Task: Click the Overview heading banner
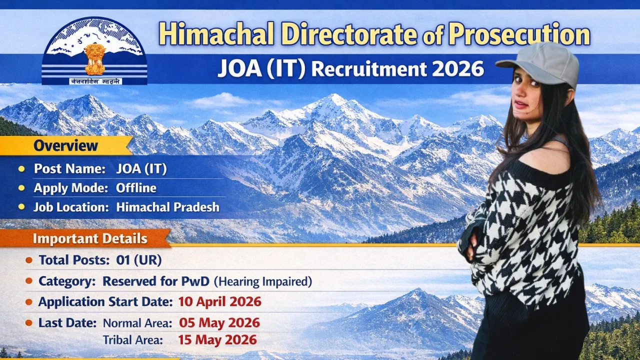tap(65, 146)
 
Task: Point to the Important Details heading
tap(90, 238)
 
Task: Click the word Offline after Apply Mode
tap(136, 188)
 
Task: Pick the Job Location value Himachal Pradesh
tap(167, 207)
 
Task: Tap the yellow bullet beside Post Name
tap(21, 169)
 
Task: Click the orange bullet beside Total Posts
tap(29, 260)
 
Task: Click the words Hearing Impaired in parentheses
tap(263, 282)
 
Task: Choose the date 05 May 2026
tap(219, 322)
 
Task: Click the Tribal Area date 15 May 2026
tap(217, 340)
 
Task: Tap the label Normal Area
tap(137, 323)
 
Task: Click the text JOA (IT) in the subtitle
tap(261, 68)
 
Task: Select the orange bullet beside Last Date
tap(29, 322)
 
